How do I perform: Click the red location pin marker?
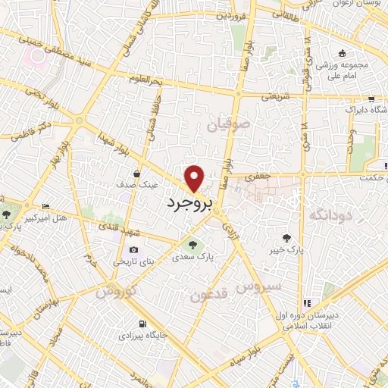[196, 177]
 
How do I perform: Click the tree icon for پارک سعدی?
[191, 244]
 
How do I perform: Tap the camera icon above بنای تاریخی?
[134, 250]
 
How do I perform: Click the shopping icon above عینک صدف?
[136, 172]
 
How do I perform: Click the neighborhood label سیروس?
[259, 286]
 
